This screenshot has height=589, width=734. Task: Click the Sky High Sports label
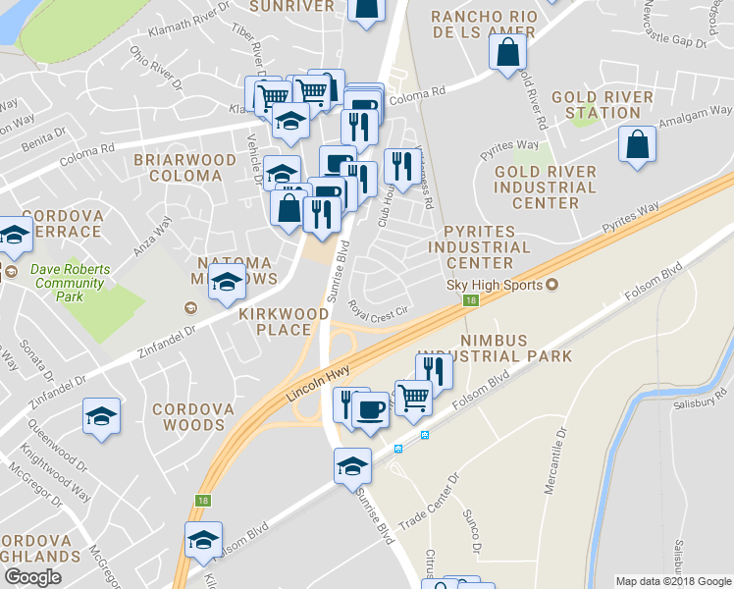pyautogui.click(x=497, y=285)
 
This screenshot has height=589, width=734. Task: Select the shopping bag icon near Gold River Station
pyautogui.click(x=637, y=144)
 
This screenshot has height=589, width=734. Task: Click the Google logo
pyautogui.click(x=33, y=576)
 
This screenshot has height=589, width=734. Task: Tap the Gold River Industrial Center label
pyautogui.click(x=546, y=187)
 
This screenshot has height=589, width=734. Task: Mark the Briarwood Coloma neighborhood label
pyautogui.click(x=184, y=167)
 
